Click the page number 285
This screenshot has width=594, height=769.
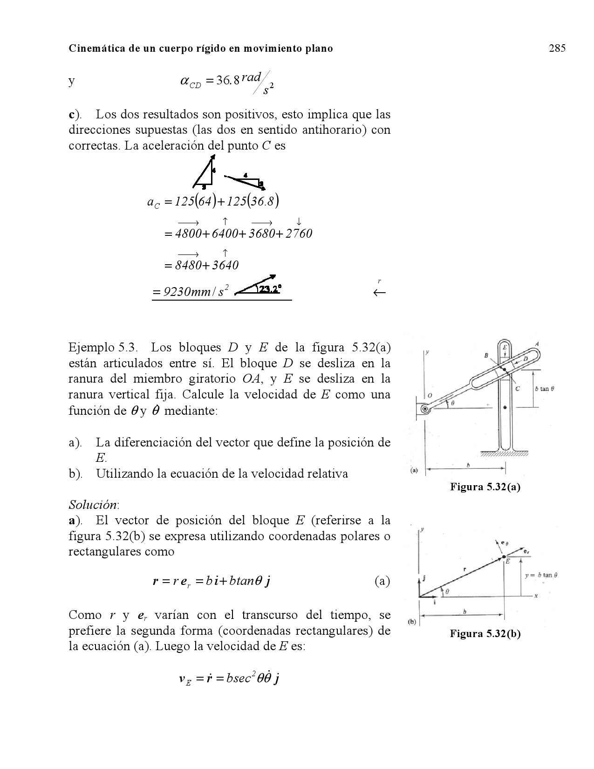(557, 48)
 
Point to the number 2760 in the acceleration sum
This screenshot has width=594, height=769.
(297, 233)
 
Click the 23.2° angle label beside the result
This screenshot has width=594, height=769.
(269, 289)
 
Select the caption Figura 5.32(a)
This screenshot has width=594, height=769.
(485, 487)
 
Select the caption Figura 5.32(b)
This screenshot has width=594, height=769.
(485, 634)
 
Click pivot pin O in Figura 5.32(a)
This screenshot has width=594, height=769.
(425, 409)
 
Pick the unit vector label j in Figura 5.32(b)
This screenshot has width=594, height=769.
(424, 579)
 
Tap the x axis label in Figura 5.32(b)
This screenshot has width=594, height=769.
(536, 596)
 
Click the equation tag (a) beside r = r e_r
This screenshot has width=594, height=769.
(382, 581)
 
